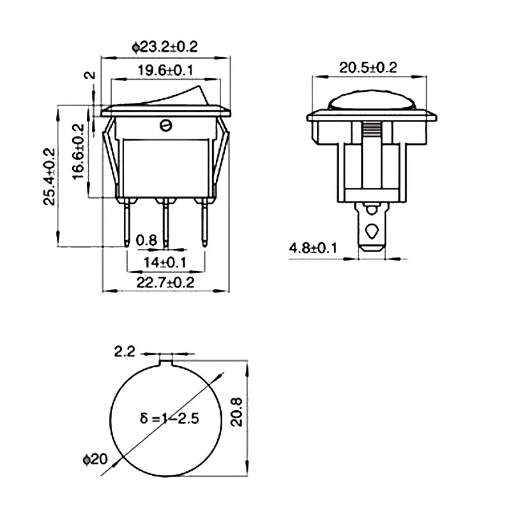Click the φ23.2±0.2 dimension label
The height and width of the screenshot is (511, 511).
(165, 47)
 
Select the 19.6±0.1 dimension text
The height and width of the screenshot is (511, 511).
(165, 70)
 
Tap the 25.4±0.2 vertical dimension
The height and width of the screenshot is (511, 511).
(49, 176)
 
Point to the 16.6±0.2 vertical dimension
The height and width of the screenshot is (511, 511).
(79, 151)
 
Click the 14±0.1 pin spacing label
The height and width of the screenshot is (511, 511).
(165, 263)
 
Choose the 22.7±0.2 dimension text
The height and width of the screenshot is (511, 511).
(165, 282)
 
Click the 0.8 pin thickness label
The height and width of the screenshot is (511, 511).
(146, 241)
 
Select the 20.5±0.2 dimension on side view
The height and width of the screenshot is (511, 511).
(368, 68)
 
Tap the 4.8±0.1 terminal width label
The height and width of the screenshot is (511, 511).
(313, 248)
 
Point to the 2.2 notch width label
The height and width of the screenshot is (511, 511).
(125, 352)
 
